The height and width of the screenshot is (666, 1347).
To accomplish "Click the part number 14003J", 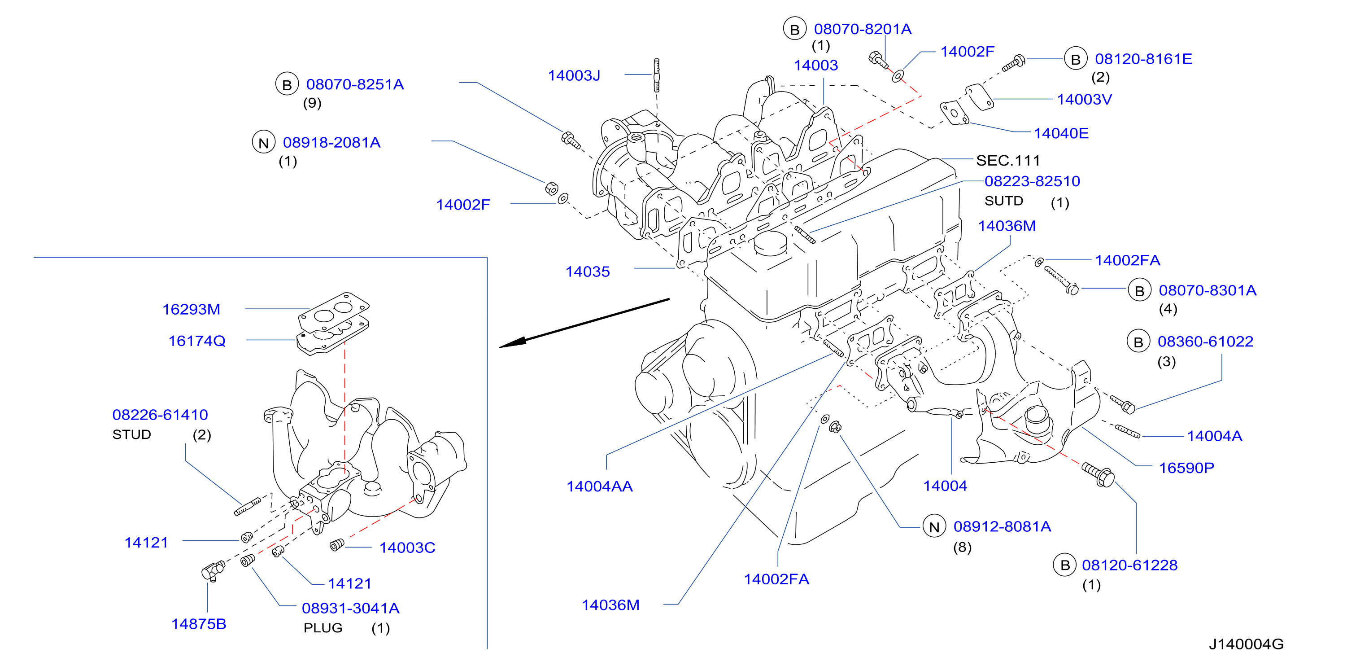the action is pyautogui.click(x=574, y=76).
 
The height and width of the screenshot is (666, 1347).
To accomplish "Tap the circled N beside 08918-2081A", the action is pyautogui.click(x=264, y=142).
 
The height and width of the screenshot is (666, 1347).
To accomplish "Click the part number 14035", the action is pyautogui.click(x=587, y=272).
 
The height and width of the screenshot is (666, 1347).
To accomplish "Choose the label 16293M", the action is pyautogui.click(x=191, y=310).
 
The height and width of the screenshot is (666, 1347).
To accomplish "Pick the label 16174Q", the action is pyautogui.click(x=196, y=341).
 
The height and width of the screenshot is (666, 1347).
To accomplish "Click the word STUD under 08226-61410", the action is pyautogui.click(x=132, y=435).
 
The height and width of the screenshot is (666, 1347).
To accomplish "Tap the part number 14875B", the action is pyautogui.click(x=199, y=624).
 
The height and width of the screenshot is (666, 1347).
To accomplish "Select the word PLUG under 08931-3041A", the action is pyautogui.click(x=323, y=628).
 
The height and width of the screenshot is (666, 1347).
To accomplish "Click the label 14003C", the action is pyautogui.click(x=407, y=548).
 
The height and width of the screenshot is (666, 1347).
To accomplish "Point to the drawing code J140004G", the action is pyautogui.click(x=1246, y=644).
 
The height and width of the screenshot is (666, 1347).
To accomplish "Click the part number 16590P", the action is pyautogui.click(x=1186, y=468).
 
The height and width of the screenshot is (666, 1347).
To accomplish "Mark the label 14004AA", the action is pyautogui.click(x=599, y=486).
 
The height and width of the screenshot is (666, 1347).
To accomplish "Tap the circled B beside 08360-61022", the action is pyautogui.click(x=1138, y=342).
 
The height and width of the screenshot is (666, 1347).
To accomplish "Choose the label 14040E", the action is pyautogui.click(x=1061, y=133).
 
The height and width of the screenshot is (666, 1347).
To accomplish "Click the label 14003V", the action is pyautogui.click(x=1085, y=99).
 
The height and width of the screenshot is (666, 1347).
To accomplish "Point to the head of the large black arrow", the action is pyautogui.click(x=501, y=347).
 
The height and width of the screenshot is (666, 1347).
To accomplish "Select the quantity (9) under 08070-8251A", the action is pyautogui.click(x=312, y=103).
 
